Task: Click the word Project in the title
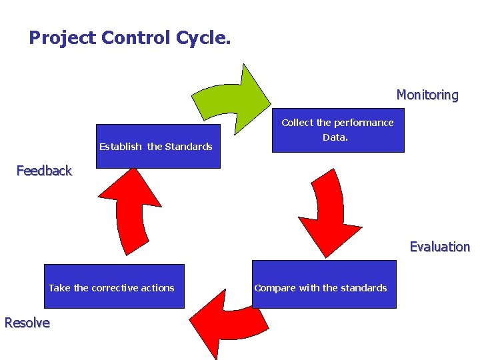pyautogui.click(x=63, y=38)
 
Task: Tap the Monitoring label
pyautogui.click(x=427, y=95)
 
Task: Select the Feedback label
pyautogui.click(x=44, y=171)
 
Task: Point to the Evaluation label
pyautogui.click(x=439, y=247)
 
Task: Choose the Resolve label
pyautogui.click(x=27, y=323)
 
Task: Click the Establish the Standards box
pyautogui.click(x=157, y=147)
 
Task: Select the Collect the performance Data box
pyautogui.click(x=338, y=131)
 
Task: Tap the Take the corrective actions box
pyautogui.click(x=113, y=287)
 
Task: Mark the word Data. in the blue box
pyautogui.click(x=335, y=138)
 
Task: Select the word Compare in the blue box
pyautogui.click(x=275, y=288)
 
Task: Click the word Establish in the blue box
pyautogui.click(x=120, y=147)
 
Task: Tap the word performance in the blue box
pyautogui.click(x=363, y=123)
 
